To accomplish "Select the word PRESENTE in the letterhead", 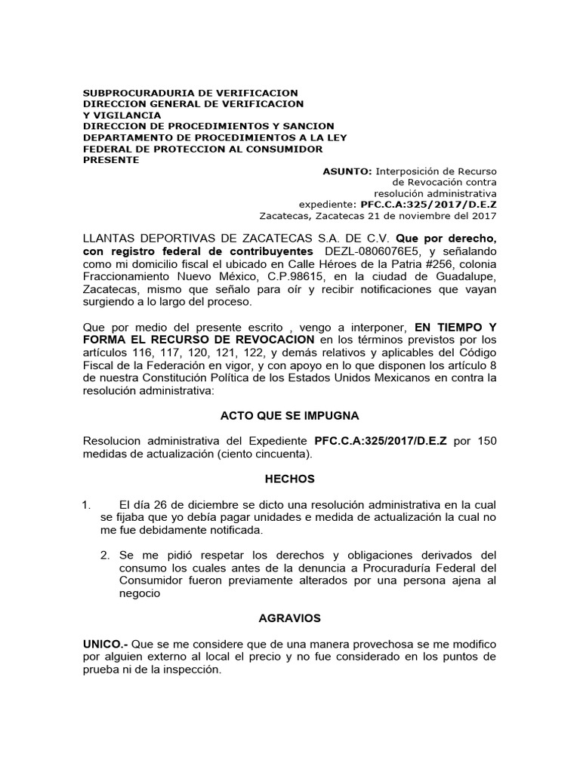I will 110,160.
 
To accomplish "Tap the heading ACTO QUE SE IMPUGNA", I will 289,415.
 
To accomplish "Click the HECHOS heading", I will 289,479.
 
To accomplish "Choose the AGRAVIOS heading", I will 289,617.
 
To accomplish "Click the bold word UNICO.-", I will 106,643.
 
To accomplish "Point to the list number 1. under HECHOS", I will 87,504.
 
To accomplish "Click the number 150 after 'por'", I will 488,440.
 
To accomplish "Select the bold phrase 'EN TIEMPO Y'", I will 456,327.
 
